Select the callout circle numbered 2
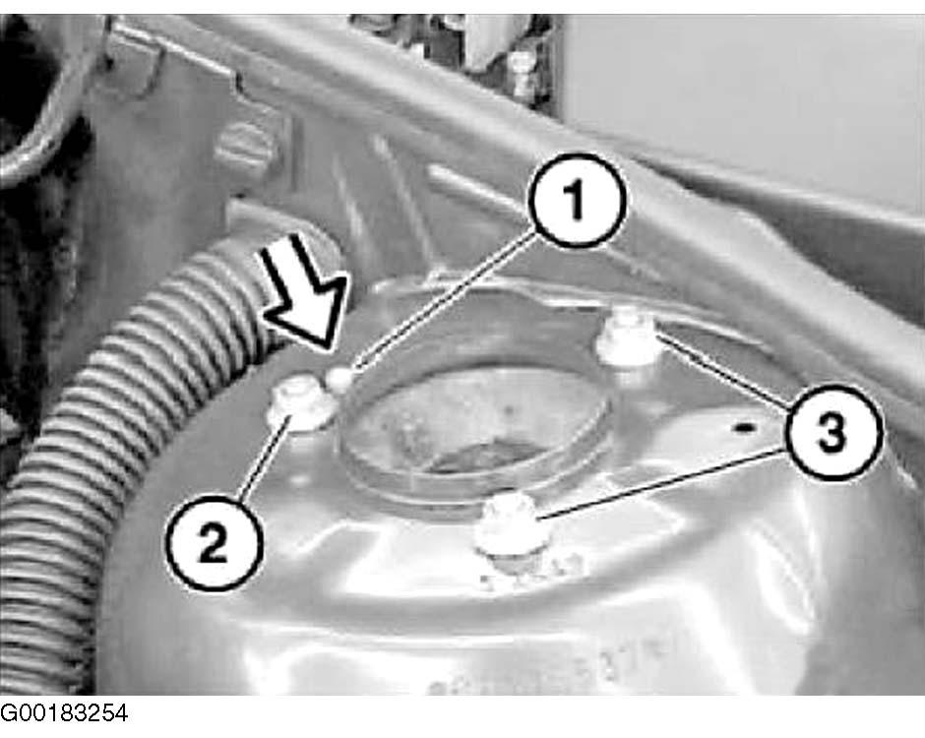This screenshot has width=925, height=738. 213,543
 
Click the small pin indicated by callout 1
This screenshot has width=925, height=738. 340,379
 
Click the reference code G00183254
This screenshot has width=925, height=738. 64,713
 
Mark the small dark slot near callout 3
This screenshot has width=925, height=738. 745,426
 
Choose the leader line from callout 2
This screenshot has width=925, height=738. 264,458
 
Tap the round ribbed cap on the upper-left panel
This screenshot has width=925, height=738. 245,149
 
